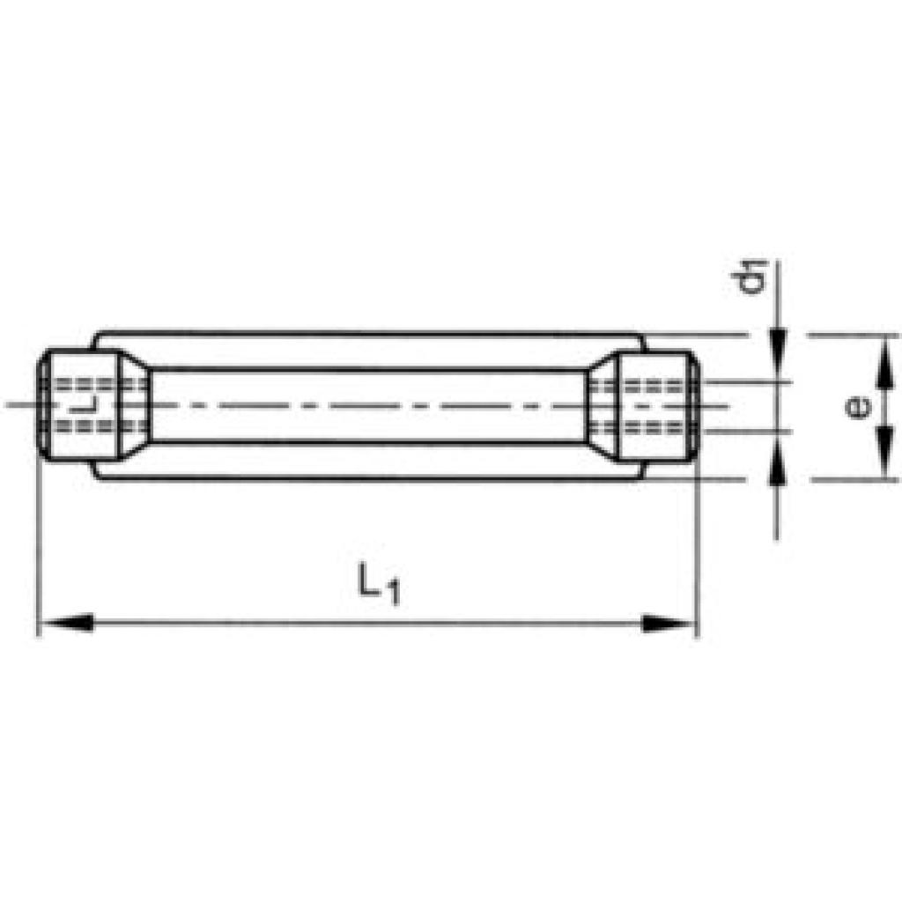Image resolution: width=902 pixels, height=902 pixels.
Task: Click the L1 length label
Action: pyautogui.click(x=379, y=584)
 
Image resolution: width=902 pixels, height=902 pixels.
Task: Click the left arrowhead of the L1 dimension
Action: pyautogui.click(x=65, y=623)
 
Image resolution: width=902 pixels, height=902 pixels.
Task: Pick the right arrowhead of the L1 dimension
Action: pyautogui.click(x=668, y=623)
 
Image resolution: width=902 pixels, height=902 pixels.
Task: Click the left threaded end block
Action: pyautogui.click(x=79, y=405)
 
